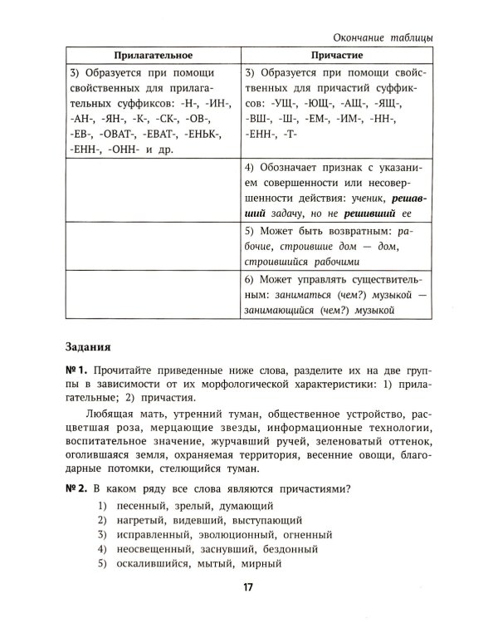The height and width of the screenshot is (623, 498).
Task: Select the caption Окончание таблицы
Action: [x=383, y=35]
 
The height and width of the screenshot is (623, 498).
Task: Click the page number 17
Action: [x=247, y=588]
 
